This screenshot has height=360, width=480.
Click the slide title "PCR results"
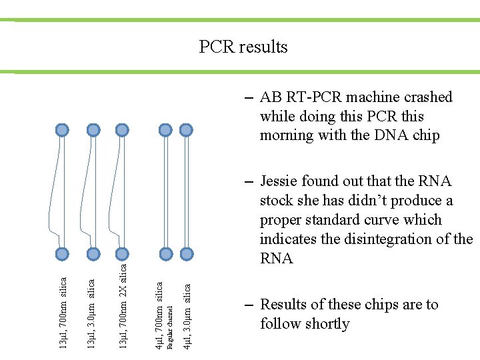point(243,47)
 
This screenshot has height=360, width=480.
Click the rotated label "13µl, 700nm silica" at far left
point(63,312)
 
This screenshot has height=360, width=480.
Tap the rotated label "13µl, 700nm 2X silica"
point(123,305)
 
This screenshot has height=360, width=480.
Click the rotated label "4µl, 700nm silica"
point(159,315)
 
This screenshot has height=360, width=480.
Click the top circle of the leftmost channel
point(62,129)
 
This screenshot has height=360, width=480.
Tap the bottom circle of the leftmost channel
point(62,253)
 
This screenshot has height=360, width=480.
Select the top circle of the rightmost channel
point(187,129)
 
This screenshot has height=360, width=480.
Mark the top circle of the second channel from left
point(93,129)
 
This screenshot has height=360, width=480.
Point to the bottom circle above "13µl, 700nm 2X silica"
point(121,253)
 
